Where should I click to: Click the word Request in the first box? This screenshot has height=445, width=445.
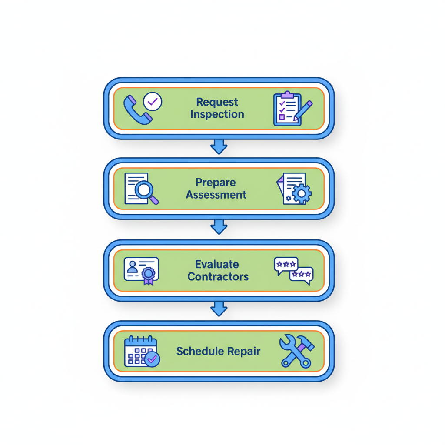pyautogui.click(x=217, y=102)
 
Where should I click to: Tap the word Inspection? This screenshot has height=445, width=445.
pyautogui.click(x=217, y=115)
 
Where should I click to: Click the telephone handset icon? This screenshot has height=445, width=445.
pyautogui.click(x=136, y=111)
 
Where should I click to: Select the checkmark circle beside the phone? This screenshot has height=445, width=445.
pyautogui.click(x=153, y=102)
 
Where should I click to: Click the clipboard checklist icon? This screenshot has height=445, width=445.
pyautogui.click(x=286, y=109)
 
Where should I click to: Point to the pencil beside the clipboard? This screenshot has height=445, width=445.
pyautogui.click(x=303, y=110)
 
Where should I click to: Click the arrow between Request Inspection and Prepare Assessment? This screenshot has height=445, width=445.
pyautogui.click(x=219, y=147)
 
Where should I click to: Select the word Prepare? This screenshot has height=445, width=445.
pyautogui.click(x=216, y=182)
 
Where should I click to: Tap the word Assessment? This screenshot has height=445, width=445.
pyautogui.click(x=216, y=195)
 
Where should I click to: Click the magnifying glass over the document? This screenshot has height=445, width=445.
pyautogui.click(x=146, y=191)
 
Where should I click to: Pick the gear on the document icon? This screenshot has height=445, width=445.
pyautogui.click(x=302, y=193)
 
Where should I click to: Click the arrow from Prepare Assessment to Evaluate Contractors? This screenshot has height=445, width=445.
pyautogui.click(x=219, y=227)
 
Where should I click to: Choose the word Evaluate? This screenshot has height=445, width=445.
pyautogui.click(x=217, y=264)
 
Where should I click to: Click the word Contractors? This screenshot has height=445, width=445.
pyautogui.click(x=218, y=277)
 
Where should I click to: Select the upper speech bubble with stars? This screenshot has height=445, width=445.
pyautogui.click(x=286, y=265)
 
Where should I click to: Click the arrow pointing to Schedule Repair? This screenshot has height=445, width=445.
pyautogui.click(x=219, y=309)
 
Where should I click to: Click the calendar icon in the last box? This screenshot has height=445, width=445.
pyautogui.click(x=140, y=351)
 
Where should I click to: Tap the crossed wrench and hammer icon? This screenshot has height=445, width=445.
pyautogui.click(x=296, y=351)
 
